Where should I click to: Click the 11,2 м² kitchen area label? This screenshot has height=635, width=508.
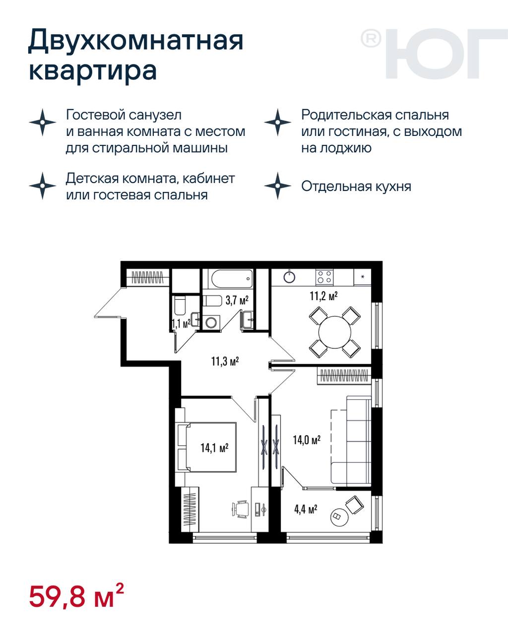pyautogui.click(x=323, y=296)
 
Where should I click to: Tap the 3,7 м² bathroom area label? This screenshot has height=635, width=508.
pyautogui.click(x=237, y=300)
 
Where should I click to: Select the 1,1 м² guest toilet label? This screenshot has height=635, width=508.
pyautogui.click(x=181, y=324)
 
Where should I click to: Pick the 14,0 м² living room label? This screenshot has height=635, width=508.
pyautogui.click(x=307, y=440)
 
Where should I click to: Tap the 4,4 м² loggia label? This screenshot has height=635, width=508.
pyautogui.click(x=306, y=509)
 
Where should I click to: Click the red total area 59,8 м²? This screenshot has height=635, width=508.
pyautogui.click(x=76, y=597)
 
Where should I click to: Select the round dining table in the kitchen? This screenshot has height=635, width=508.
pyautogui.click(x=335, y=332)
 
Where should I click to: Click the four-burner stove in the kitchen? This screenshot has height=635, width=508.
pyautogui.click(x=324, y=277)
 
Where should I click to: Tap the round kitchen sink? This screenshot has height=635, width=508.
pyautogui.click(x=290, y=277)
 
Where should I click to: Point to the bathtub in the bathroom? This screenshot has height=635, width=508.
pyautogui.click(x=232, y=278)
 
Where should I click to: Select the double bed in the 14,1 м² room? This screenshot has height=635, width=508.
pyautogui.click(x=207, y=447)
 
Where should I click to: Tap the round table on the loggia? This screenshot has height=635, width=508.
pyautogui.click(x=340, y=516)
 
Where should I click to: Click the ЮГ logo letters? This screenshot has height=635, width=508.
pyautogui.click(x=446, y=54)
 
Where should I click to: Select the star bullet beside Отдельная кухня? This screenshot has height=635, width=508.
pyautogui.click(x=277, y=186)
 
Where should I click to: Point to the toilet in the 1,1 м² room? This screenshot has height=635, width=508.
pyautogui.click(x=180, y=306)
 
